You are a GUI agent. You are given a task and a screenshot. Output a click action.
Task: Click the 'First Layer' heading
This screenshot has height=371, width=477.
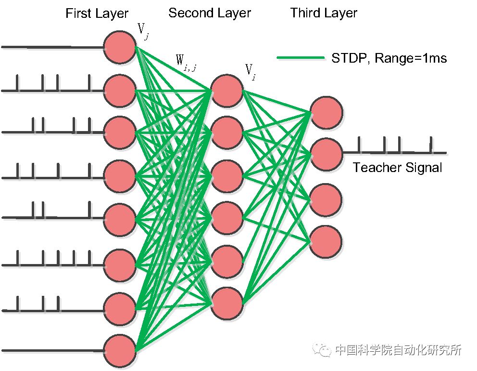(97, 13)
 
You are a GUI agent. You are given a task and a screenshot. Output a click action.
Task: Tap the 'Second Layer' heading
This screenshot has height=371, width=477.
(210, 13)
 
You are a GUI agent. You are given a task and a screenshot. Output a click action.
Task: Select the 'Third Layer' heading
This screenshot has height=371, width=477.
(324, 13)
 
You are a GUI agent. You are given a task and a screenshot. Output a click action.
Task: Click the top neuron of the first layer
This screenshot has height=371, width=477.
(120, 47)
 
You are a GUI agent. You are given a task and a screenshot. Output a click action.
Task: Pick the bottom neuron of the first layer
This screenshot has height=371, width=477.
(120, 350)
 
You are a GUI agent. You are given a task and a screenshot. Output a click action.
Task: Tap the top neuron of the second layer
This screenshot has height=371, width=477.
(226, 90)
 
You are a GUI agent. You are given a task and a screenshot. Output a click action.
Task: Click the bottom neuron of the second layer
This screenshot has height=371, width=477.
(226, 304)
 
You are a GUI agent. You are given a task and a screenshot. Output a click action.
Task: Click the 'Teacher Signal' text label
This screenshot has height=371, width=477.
(397, 168)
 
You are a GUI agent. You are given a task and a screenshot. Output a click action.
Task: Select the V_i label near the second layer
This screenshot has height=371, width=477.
(250, 71)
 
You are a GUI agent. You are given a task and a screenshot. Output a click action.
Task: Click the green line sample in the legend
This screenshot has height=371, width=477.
(301, 58)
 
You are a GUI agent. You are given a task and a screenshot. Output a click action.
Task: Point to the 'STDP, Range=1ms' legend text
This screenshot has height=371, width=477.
(389, 59)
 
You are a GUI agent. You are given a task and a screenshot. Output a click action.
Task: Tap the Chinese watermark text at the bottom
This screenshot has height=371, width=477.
(398, 350)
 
